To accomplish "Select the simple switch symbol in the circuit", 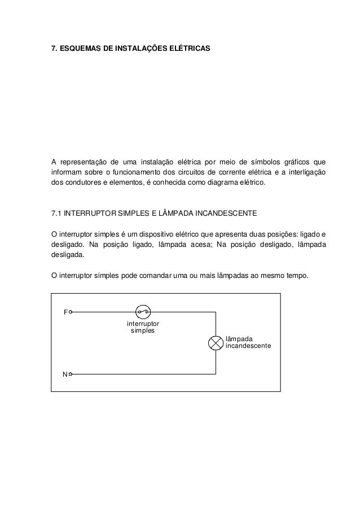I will click(142, 311).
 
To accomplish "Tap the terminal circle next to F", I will click(71, 311).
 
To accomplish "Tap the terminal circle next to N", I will click(71, 374).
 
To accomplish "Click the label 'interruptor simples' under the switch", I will click(143, 327).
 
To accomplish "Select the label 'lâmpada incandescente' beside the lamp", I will click(248, 342).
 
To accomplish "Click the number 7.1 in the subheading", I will click(56, 213).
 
